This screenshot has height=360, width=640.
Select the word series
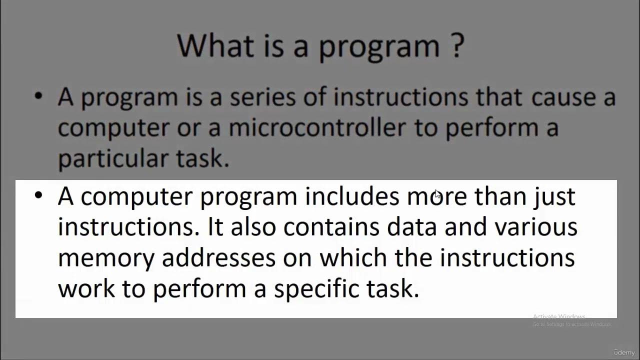[x=262, y=97]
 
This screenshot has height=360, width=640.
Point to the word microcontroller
[x=317, y=127]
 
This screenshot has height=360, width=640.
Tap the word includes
[x=352, y=196]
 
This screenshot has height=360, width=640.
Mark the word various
[x=536, y=226]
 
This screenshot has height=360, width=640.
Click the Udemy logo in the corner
[x=623, y=353]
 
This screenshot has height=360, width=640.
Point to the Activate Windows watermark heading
[x=559, y=316]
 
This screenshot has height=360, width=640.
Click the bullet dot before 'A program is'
[x=38, y=97]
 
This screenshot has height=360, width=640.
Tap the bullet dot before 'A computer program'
[x=38, y=196]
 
